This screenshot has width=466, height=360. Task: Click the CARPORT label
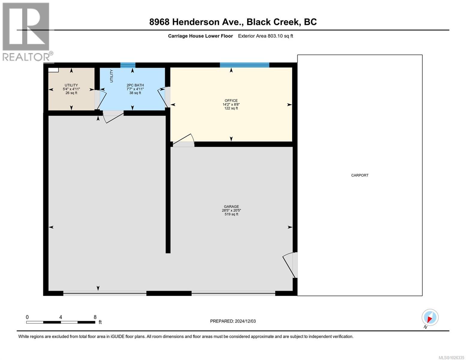click(x=359, y=175)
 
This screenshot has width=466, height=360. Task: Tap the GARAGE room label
click(x=231, y=206)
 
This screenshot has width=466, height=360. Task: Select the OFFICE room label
click(x=231, y=100)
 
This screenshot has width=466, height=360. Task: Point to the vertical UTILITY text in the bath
click(x=111, y=76)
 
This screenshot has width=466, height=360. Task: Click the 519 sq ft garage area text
click(x=231, y=214)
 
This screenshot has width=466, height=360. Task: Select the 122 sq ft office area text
click(x=231, y=108)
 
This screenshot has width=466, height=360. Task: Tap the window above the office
click(x=244, y=65)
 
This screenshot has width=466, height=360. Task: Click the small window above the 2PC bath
click(x=128, y=65)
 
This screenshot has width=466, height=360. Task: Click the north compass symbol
click(x=430, y=318)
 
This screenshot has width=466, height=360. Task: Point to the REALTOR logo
click(x=26, y=31)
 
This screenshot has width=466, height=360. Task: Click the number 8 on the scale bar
click(x=95, y=317)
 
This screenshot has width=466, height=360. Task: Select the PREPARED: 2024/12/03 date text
click(x=233, y=321)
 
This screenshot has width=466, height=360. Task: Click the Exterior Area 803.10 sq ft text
click(x=265, y=36)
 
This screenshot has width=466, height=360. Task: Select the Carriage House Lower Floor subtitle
click(x=200, y=36)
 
